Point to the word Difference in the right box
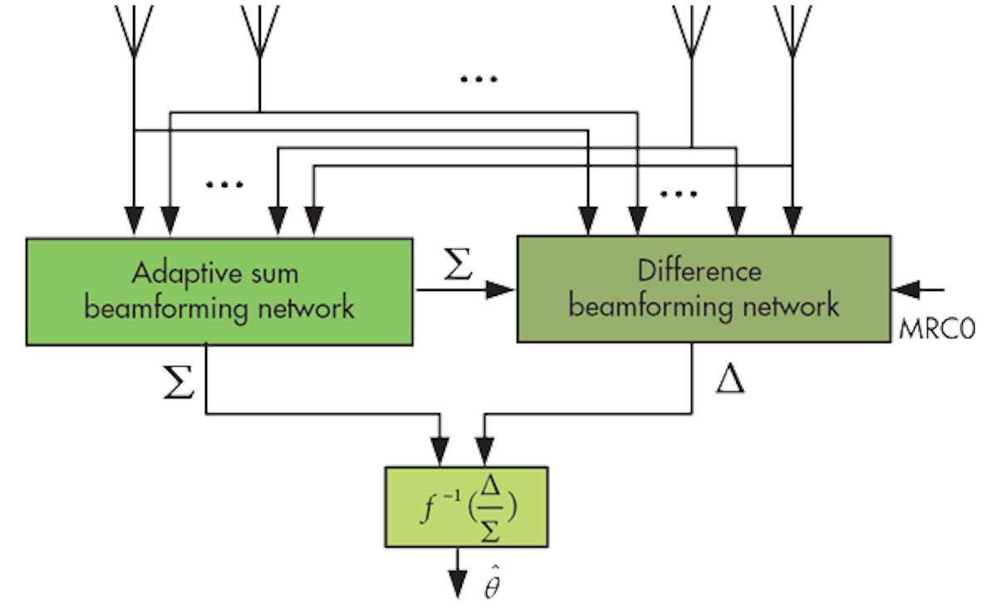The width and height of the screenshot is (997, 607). pos(699,270)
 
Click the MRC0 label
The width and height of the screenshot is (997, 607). pos(937,327)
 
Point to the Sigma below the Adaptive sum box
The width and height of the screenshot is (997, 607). pos(179,382)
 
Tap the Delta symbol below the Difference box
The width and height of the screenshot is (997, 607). pos(729,379)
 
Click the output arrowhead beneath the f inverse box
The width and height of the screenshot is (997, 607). pos(457,582)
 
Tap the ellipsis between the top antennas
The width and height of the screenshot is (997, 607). pos(479,79)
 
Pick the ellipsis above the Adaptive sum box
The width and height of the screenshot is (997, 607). pos(224,185)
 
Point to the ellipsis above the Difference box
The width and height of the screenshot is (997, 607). pos(680,194)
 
